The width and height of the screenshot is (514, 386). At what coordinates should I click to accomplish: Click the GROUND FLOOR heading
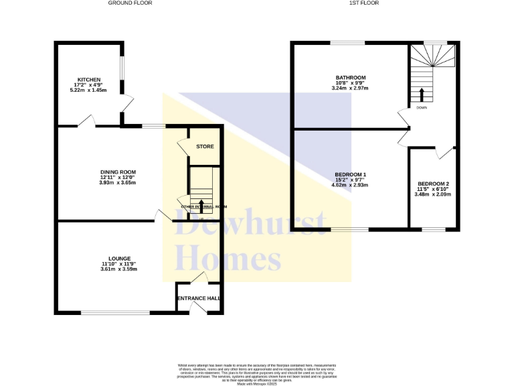(x=130, y=3)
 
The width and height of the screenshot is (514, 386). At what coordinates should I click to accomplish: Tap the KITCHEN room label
(x=88, y=79)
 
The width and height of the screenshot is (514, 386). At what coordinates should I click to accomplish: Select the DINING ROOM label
(x=118, y=172)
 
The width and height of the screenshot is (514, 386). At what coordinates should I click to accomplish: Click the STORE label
(x=204, y=146)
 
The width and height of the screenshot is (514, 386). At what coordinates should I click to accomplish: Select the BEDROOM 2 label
(x=433, y=184)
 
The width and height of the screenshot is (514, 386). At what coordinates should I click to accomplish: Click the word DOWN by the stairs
(x=422, y=107)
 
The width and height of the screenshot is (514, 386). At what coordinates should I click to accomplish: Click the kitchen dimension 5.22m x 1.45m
(x=88, y=90)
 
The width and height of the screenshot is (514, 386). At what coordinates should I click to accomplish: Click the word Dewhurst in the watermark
(x=250, y=224)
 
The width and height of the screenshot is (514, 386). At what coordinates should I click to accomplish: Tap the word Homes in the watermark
(x=227, y=257)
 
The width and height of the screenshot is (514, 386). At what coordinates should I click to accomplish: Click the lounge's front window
(x=116, y=312)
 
